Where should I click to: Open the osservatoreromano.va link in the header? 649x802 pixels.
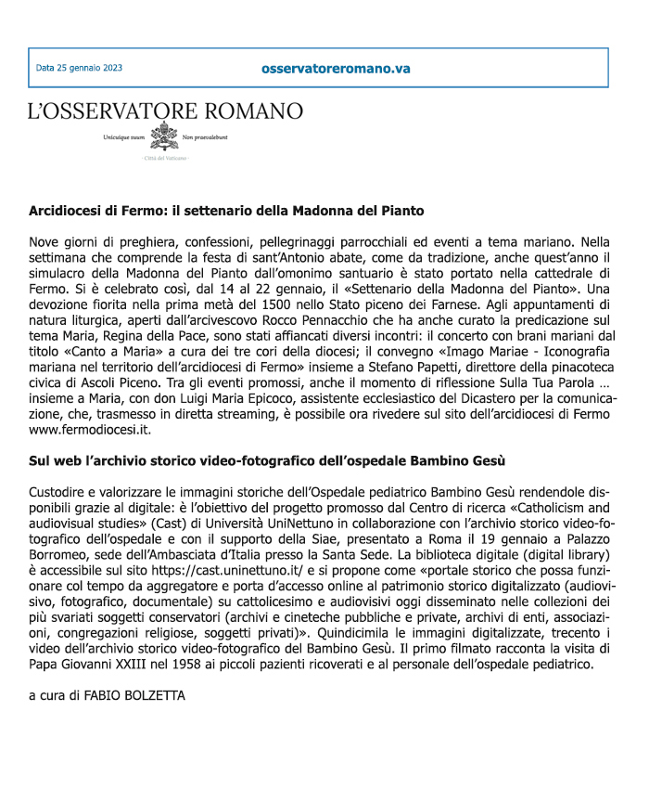coord(336,69)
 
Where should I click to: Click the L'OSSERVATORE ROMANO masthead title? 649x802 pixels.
coord(165,111)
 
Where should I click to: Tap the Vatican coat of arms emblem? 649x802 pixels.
coord(164,136)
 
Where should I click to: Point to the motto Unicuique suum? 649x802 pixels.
coord(125,137)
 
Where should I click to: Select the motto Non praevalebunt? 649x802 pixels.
coord(205,137)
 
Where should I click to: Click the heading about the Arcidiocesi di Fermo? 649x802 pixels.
coord(226,211)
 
